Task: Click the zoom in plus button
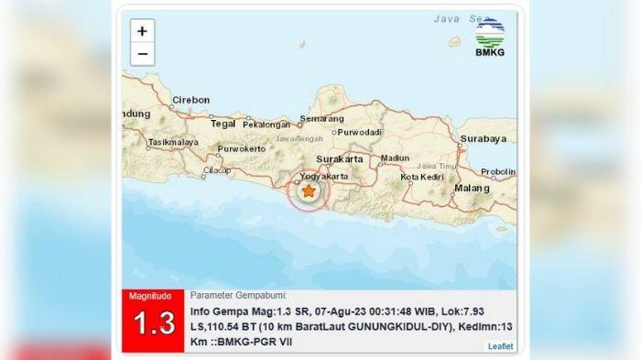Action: tap(142, 31)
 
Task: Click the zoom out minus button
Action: tap(142, 54)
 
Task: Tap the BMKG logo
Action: tap(489, 38)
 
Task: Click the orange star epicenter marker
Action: tap(310, 191)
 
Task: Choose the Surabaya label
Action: tap(483, 139)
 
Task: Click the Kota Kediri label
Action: tap(422, 176)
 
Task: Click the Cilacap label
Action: tap(217, 169)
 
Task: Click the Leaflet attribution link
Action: tap(500, 346)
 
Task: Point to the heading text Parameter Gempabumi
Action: tap(238, 296)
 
